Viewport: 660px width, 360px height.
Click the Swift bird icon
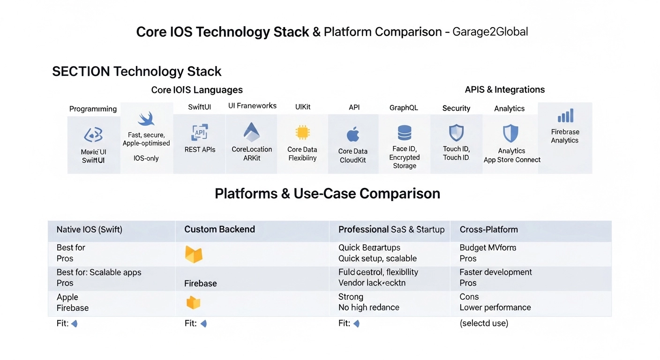coord(146,119)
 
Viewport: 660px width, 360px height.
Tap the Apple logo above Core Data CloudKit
coord(353,135)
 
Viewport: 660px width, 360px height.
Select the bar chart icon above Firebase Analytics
coord(565,116)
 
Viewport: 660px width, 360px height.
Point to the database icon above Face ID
coord(405,133)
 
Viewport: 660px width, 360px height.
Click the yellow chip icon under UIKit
coord(302,133)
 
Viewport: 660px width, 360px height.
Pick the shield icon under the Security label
coord(456,133)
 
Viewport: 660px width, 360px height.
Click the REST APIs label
coord(200,150)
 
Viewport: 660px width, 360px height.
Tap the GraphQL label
coord(404,107)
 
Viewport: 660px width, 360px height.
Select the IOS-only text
coord(146,158)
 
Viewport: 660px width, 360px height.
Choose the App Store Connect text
coord(512,160)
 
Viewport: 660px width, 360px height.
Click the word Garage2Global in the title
coord(490,32)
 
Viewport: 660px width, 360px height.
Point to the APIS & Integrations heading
coord(505,90)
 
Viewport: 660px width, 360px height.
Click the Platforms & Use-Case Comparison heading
coord(327,194)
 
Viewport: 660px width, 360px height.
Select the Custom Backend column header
coord(219,229)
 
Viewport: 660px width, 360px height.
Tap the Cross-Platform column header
coord(488,230)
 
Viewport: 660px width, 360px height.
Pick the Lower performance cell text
coord(495,307)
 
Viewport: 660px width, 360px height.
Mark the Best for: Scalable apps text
coord(99,272)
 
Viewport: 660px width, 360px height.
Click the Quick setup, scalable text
coord(377,258)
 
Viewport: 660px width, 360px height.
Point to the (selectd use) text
coord(484,323)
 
